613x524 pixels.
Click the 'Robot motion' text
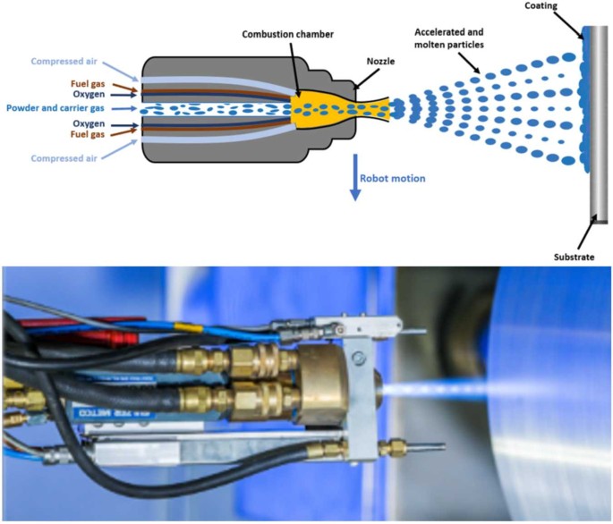pos(392,178)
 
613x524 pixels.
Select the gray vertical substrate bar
pos(592,125)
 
